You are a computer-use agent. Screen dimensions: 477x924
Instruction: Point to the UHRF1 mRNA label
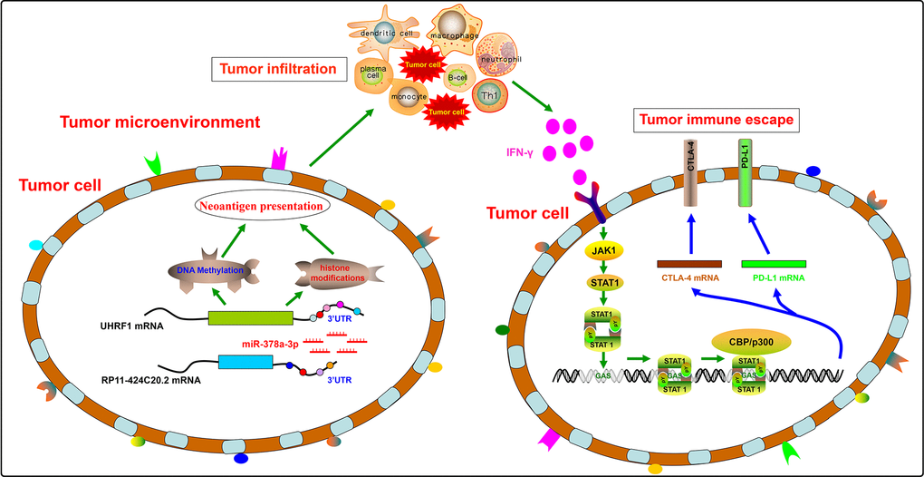click(x=131, y=324)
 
